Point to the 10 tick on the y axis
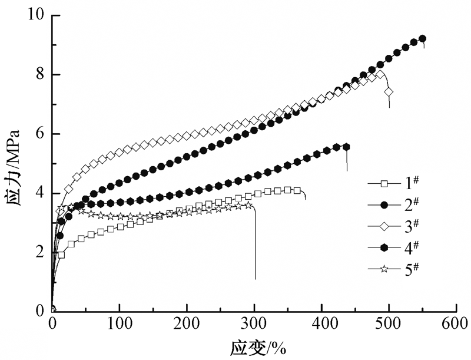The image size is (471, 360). click(x=37, y=15)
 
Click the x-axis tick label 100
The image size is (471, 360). click(x=120, y=323)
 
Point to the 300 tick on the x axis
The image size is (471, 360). click(x=254, y=323)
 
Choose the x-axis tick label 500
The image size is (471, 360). click(x=389, y=323)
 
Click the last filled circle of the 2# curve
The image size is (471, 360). click(x=422, y=39)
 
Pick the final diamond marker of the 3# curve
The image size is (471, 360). click(x=389, y=92)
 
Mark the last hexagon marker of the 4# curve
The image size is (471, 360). click(x=346, y=147)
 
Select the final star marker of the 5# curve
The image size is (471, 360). click(x=249, y=205)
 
